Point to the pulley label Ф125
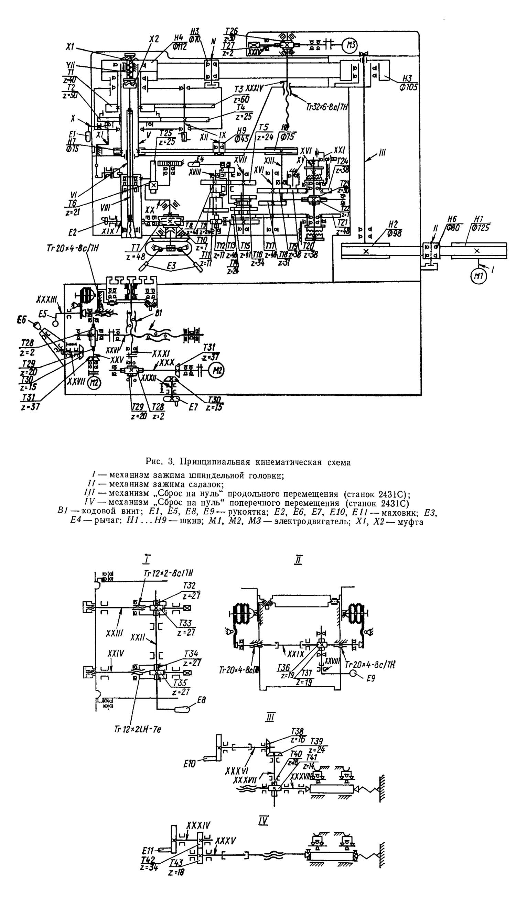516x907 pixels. [480, 228]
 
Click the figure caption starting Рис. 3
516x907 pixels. [248, 462]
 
